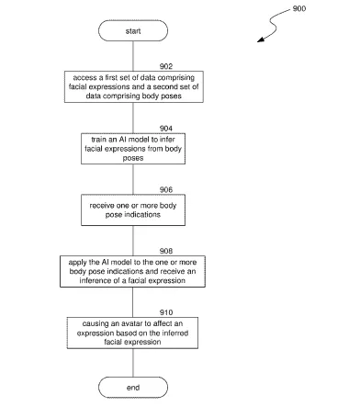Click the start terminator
coord(133,30)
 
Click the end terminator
coord(133,388)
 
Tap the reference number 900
coord(299,8)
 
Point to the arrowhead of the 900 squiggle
coord(261,40)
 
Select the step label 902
coord(166,66)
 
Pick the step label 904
coord(166,128)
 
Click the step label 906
coord(166,189)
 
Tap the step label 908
coord(166,251)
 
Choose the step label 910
coord(166,312)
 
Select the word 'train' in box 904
coord(98,140)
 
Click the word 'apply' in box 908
coord(77,262)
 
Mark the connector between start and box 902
coord(133,56)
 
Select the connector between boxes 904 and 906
coord(133,179)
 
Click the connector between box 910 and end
coord(133,363)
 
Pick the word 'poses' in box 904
coord(133,158)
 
